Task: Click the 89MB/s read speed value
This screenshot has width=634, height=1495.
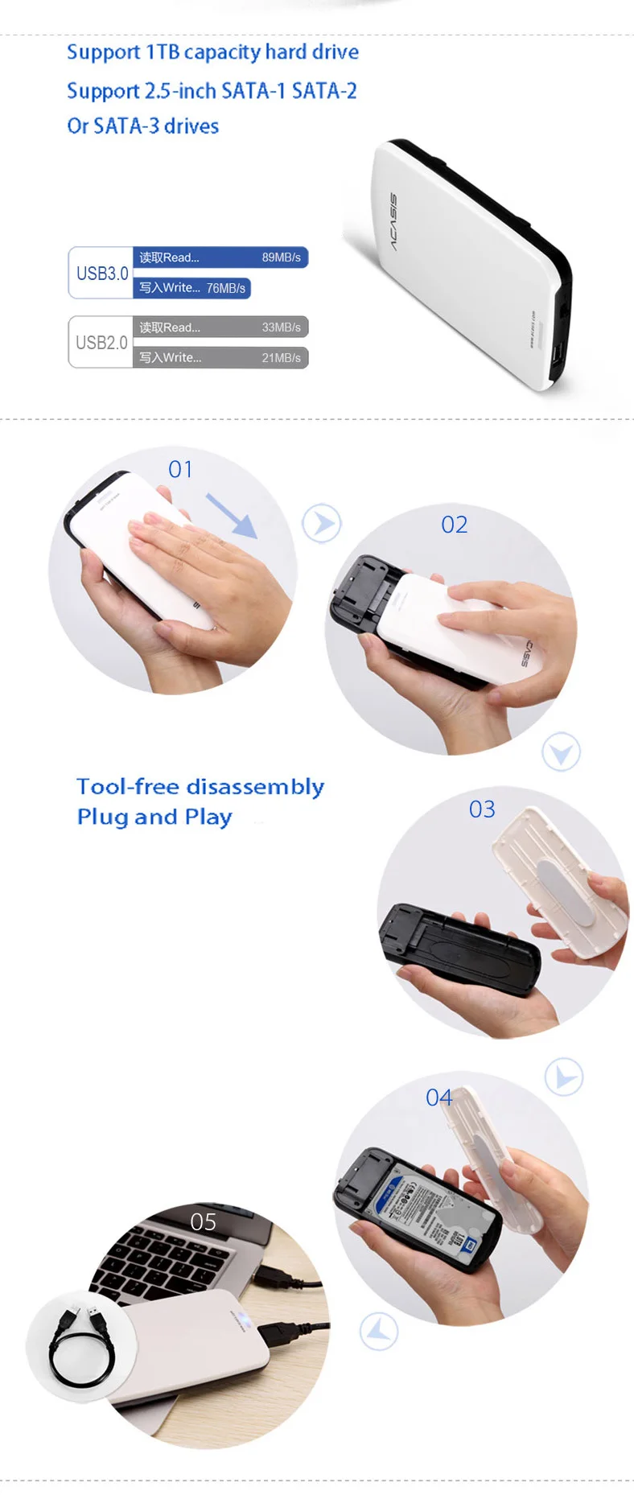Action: tap(281, 257)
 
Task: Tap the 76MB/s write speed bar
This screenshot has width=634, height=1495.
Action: tap(191, 288)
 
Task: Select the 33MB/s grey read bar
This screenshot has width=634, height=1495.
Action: tap(220, 327)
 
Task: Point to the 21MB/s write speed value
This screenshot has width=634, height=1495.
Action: tap(281, 358)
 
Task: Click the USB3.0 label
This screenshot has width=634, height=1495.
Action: tap(102, 274)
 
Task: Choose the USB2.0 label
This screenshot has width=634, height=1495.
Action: tap(101, 343)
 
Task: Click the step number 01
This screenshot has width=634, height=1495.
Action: tap(180, 470)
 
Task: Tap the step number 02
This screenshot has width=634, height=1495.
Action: tap(454, 525)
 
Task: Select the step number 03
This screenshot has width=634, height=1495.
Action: tap(482, 809)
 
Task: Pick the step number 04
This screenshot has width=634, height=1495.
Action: tap(438, 1098)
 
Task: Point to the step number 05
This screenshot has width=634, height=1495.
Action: tap(203, 1222)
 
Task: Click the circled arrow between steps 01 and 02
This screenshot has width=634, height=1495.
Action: tap(322, 523)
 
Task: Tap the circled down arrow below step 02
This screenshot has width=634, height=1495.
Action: tap(561, 752)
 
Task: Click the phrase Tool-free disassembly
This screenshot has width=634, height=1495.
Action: tap(200, 786)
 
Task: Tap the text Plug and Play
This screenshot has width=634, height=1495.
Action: tap(154, 817)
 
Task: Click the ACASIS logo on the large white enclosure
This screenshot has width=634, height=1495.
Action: tap(392, 221)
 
